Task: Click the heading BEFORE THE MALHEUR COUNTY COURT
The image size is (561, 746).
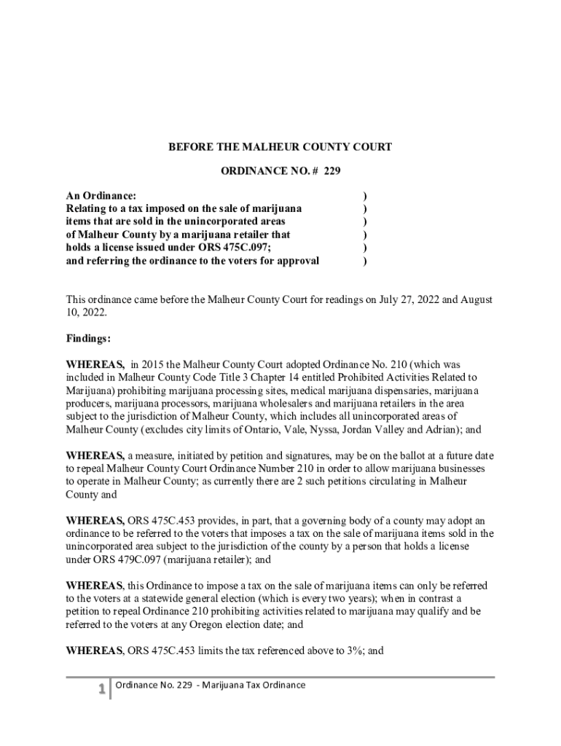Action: [280, 147]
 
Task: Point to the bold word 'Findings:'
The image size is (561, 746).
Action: [89, 339]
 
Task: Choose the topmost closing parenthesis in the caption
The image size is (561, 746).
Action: [364, 195]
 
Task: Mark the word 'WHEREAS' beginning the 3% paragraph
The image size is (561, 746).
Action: [94, 651]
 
